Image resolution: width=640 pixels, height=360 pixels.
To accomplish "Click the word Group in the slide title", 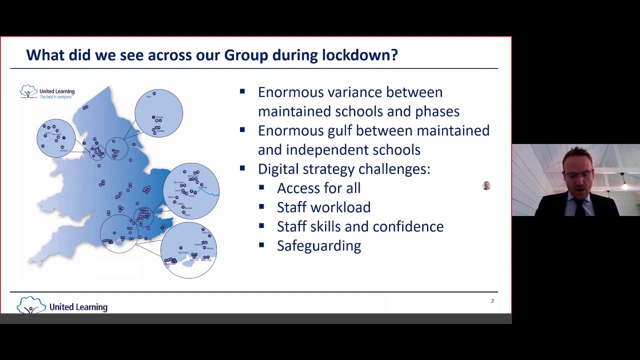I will pyautogui.click(x=245, y=55).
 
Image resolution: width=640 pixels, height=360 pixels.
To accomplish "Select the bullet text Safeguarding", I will pyautogui.click(x=318, y=245).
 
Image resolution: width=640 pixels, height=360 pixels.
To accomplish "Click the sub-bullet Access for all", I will pyautogui.click(x=318, y=188).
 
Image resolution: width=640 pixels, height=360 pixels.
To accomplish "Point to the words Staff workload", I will pyautogui.click(x=323, y=207).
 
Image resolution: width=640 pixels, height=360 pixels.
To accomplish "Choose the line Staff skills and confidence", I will pyautogui.click(x=360, y=226).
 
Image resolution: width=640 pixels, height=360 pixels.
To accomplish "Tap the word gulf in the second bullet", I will pyautogui.click(x=339, y=131).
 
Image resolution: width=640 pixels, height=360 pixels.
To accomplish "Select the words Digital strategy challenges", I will pyautogui.click(x=343, y=169).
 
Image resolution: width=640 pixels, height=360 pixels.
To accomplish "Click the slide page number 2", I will pyautogui.click(x=492, y=300).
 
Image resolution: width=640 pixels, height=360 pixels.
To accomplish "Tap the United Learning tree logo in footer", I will pyautogui.click(x=31, y=305).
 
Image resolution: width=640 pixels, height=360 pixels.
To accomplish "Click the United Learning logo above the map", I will pyautogui.click(x=47, y=92).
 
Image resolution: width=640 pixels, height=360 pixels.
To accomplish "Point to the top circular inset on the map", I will pyautogui.click(x=158, y=113).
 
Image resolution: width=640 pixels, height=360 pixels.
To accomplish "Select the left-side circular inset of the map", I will pyautogui.click(x=56, y=138).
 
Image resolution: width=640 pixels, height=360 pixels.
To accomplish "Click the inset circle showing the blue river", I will pyautogui.click(x=191, y=191).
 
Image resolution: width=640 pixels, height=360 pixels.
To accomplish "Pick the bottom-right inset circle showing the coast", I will pyautogui.click(x=188, y=250).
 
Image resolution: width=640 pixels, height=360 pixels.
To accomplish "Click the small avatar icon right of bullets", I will pyautogui.click(x=486, y=186).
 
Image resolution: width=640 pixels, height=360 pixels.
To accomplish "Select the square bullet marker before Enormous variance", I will pyautogui.click(x=242, y=91).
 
